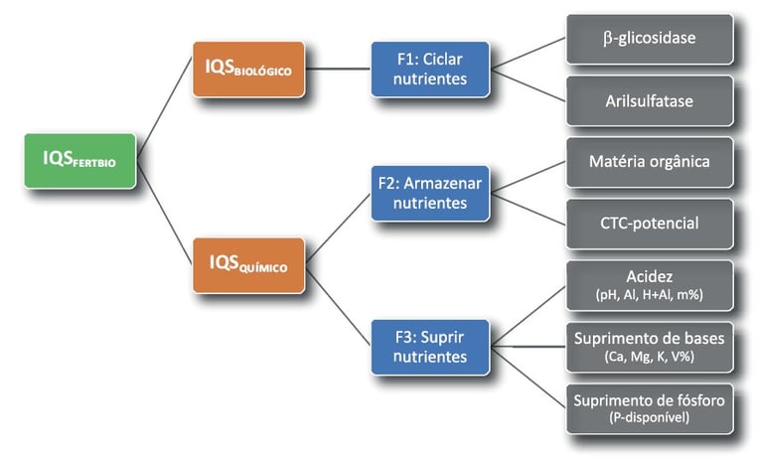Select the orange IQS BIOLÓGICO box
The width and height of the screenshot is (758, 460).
coord(247,69)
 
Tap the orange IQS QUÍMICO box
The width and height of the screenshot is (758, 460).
coord(247,264)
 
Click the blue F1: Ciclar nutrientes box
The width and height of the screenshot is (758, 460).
coord(431,69)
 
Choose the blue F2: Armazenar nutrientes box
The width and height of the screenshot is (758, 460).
coord(431,193)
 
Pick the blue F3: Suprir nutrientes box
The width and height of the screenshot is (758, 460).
coord(431,346)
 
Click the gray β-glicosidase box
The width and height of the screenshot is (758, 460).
coord(650,39)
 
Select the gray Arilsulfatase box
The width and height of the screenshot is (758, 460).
coord(650,100)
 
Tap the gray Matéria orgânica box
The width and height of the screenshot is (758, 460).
coord(650,161)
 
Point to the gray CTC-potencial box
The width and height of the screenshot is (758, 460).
coord(650,224)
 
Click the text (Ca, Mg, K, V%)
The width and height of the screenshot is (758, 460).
coord(650,357)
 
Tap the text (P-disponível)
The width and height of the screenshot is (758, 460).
coord(650,418)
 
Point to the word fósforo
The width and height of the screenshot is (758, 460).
coord(699,400)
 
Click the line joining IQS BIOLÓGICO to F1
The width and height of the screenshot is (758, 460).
coord(337,69)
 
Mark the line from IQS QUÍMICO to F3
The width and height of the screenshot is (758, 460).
coord(338,305)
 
